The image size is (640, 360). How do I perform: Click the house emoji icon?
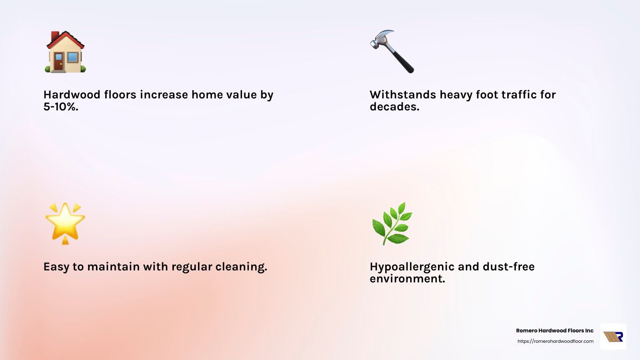point(65,52)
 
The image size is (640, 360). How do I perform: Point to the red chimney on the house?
point(55,36)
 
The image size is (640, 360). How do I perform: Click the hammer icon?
point(392,51)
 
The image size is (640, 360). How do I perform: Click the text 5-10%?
point(61,107)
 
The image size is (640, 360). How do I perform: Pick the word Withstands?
point(403,95)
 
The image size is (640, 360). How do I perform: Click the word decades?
point(394,107)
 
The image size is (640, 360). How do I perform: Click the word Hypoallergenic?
point(412,267)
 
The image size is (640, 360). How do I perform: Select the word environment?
point(407,279)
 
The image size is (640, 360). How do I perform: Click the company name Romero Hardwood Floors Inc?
point(554,331)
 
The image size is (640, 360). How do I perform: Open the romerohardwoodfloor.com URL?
point(555,341)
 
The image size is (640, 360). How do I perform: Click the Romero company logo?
point(613,337)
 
